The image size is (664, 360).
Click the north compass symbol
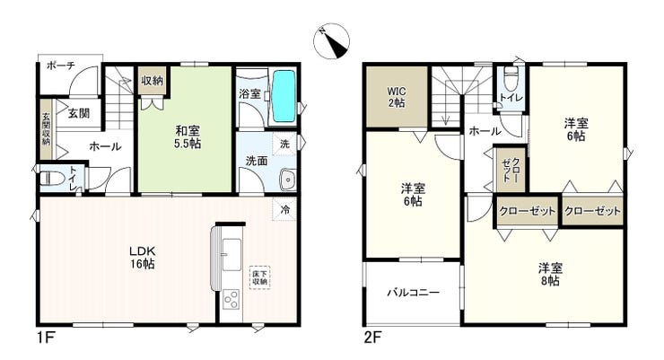tap(332, 41)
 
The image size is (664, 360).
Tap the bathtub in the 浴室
tap(284, 96)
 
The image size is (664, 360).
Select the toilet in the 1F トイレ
tap(50, 179)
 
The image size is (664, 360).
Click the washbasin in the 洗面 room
tap(288, 180)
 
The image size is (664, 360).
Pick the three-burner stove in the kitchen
tap(232, 300)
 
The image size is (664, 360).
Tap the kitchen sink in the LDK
tap(232, 255)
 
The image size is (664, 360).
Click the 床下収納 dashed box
tap(259, 277)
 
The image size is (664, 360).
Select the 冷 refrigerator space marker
tap(285, 209)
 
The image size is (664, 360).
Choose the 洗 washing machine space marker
tap(285, 144)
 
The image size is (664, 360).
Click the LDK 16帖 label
tap(143, 257)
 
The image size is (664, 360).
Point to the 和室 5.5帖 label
tap(188, 136)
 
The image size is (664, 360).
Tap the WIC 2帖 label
tap(397, 97)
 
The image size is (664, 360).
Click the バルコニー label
tap(414, 293)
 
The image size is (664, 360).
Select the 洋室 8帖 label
tap(550, 274)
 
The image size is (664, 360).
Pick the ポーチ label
tap(61, 66)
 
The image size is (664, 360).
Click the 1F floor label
tap(45, 338)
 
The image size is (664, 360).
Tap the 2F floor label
tap(372, 338)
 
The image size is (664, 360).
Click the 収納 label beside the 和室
tap(152, 80)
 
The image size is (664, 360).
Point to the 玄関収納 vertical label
tap(46, 128)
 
